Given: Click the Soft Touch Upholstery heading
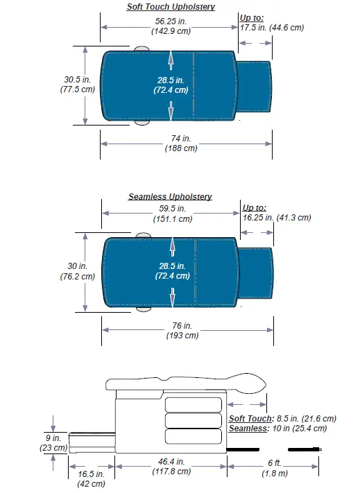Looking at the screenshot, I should coord(171,7).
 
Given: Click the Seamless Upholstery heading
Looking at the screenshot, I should coord(170,197).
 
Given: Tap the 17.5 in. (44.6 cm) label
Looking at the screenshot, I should coord(271,28).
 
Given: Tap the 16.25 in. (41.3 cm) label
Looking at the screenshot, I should coord(276,217).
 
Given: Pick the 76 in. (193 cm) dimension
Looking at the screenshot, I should coord(182,330).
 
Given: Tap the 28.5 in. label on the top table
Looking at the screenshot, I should coord(172,85).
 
